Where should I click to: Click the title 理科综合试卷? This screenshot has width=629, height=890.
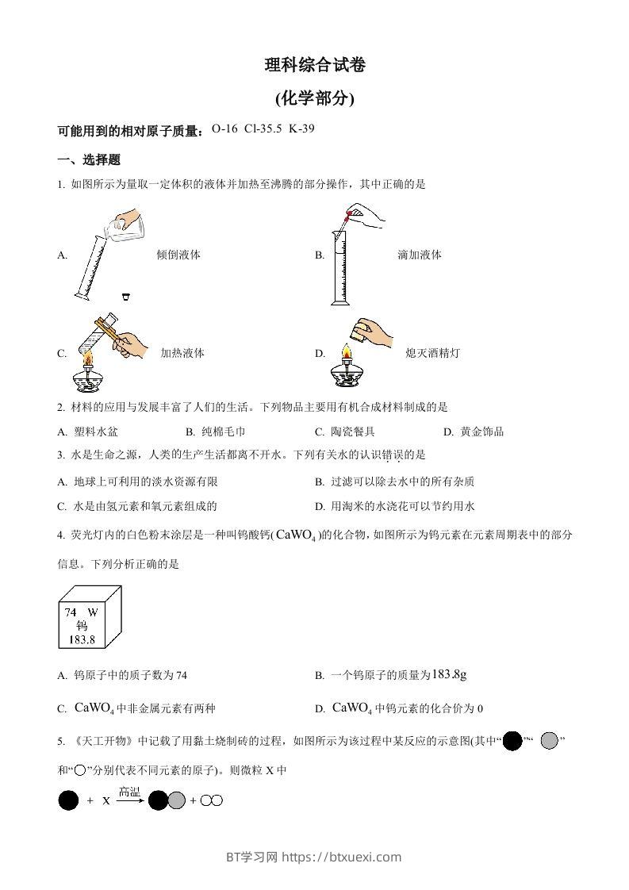pos(315,67)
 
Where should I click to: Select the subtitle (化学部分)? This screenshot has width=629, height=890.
pos(315,99)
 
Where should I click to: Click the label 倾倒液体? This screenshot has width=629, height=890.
pos(178,255)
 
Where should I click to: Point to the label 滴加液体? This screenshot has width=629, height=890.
pos(420,255)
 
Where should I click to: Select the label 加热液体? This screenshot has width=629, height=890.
pos(182,353)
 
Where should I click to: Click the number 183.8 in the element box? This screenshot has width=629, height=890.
pos(80,639)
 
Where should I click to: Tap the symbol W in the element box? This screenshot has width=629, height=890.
pos(92,612)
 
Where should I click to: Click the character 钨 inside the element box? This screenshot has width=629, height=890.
pos(82,626)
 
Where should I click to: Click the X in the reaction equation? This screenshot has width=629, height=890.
pos(106,801)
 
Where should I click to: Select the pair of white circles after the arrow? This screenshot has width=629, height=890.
pos(212,801)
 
